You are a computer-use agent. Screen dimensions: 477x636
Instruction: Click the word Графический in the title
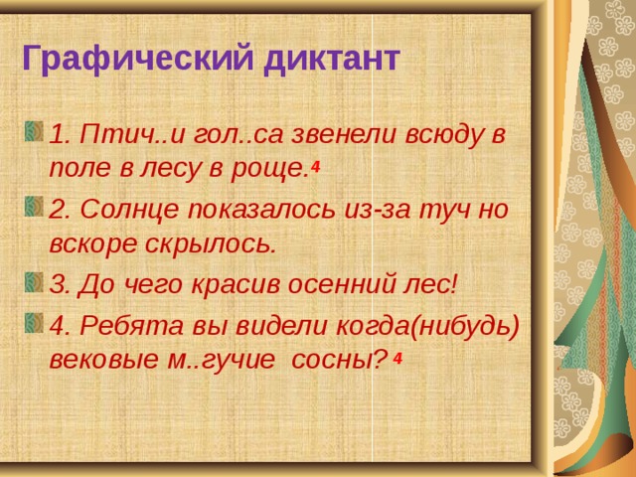point(137,59)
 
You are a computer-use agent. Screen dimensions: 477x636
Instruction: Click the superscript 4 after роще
point(314,166)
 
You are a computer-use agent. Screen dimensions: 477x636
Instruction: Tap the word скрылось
point(210,244)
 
